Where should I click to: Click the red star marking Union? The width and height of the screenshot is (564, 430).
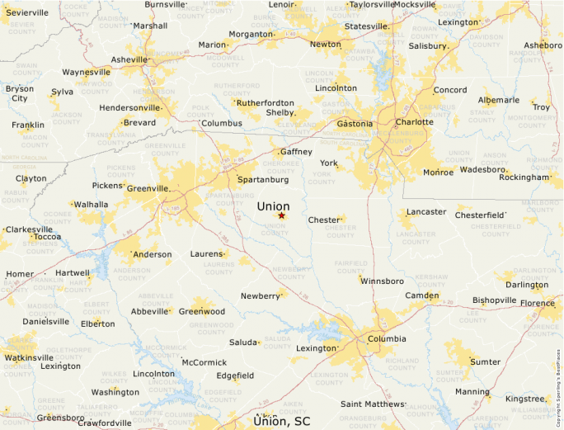[x=281, y=215]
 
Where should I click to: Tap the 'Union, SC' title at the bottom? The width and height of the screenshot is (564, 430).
[x=282, y=421]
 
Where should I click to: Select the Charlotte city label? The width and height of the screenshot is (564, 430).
[x=413, y=122]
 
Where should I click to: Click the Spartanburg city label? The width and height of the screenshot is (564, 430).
[x=262, y=179]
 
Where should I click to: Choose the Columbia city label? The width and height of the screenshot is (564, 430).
[x=387, y=338]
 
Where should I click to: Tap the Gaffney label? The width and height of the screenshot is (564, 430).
[x=296, y=152]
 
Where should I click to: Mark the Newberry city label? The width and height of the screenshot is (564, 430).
[x=261, y=295]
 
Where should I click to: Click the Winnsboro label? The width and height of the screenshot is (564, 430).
[x=382, y=281]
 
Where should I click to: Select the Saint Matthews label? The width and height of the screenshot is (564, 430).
[x=373, y=404]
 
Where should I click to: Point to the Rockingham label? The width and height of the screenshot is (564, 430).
[x=524, y=177]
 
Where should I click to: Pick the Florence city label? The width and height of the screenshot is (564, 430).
[x=537, y=303]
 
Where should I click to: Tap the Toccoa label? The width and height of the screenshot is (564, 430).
[x=47, y=236]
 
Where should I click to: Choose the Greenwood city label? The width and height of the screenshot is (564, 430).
[x=202, y=311]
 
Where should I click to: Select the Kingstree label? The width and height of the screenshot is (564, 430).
[x=525, y=399]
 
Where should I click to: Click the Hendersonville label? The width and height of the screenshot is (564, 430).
[x=130, y=107]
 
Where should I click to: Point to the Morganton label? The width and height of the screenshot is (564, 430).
[x=250, y=34]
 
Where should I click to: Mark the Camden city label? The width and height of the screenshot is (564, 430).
[x=421, y=295]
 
